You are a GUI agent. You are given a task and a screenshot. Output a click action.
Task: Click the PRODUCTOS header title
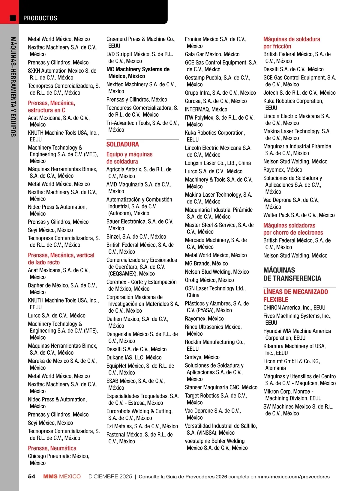pyautogui.click(x=40, y=18)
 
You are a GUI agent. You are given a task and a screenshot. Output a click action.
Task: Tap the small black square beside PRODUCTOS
pyautogui.click(x=13, y=18)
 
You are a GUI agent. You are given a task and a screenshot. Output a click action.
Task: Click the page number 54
pyautogui.click(x=31, y=477)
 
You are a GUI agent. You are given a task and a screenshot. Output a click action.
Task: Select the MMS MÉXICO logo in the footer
pyautogui.click(x=62, y=477)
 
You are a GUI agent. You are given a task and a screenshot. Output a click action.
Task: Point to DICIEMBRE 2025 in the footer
pyautogui.click(x=110, y=477)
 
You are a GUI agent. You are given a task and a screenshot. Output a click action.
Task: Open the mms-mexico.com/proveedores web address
pyautogui.click(x=293, y=477)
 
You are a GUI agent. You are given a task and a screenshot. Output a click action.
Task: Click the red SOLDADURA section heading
pyautogui.click(x=122, y=144)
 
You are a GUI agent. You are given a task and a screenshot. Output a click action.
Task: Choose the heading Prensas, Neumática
pyautogui.click(x=52, y=448)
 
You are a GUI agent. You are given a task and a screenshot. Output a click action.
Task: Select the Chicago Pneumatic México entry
pyautogui.click(x=58, y=459)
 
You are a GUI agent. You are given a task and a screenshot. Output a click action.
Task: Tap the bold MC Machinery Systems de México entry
pyautogui.click(x=138, y=73)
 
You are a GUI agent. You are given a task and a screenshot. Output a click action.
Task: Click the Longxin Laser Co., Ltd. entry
pyautogui.click(x=217, y=163)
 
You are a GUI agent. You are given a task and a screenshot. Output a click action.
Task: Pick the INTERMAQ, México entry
pyautogui.click(x=206, y=109)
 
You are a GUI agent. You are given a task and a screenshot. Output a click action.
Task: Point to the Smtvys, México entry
pyautogui.click(x=202, y=357)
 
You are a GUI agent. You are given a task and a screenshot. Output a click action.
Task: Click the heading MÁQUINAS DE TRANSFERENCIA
pyautogui.click(x=292, y=274)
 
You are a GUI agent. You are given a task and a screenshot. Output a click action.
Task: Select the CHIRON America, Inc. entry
pyautogui.click(x=294, y=308)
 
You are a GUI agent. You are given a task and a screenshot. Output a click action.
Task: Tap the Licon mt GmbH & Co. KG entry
pyautogui.click(x=291, y=365)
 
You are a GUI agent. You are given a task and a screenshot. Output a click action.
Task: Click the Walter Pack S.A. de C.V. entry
pyautogui.click(x=299, y=215)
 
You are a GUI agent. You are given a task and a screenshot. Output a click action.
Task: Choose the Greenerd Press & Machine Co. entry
pyautogui.click(x=141, y=42)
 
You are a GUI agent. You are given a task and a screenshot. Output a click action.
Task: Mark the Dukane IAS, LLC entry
pyautogui.click(x=134, y=357)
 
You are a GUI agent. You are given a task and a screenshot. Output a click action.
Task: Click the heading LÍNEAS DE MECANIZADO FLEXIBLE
pyautogui.click(x=295, y=295)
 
